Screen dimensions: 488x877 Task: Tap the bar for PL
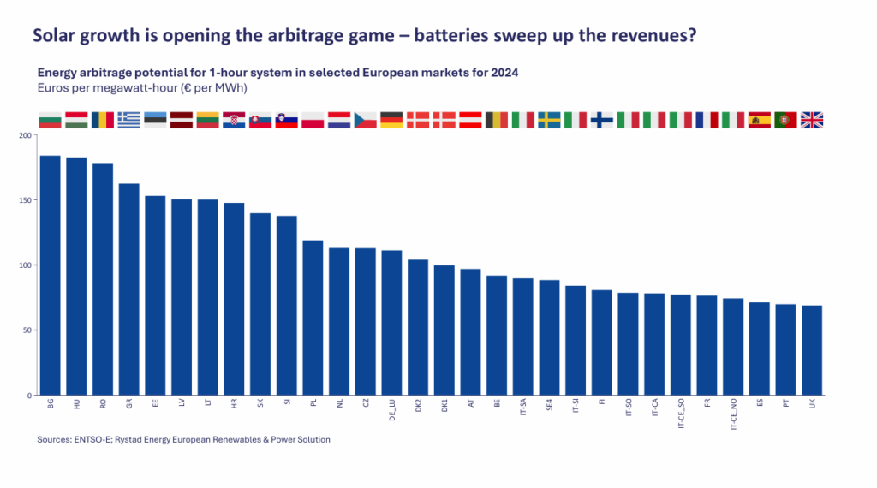pyautogui.click(x=313, y=318)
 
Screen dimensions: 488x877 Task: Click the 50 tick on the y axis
pyautogui.click(x=26, y=330)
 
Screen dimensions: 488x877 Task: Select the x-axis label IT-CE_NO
pyautogui.click(x=733, y=415)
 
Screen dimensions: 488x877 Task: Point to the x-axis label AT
pyautogui.click(x=471, y=404)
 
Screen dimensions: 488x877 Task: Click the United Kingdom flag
pyautogui.click(x=811, y=120)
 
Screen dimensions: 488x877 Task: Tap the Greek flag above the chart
pyautogui.click(x=129, y=120)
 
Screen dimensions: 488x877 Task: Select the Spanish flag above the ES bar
pyautogui.click(x=759, y=120)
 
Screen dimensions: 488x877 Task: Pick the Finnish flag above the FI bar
pyautogui.click(x=602, y=120)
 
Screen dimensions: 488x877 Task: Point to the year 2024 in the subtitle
pyautogui.click(x=504, y=73)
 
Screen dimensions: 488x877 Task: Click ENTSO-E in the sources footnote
pyautogui.click(x=96, y=439)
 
